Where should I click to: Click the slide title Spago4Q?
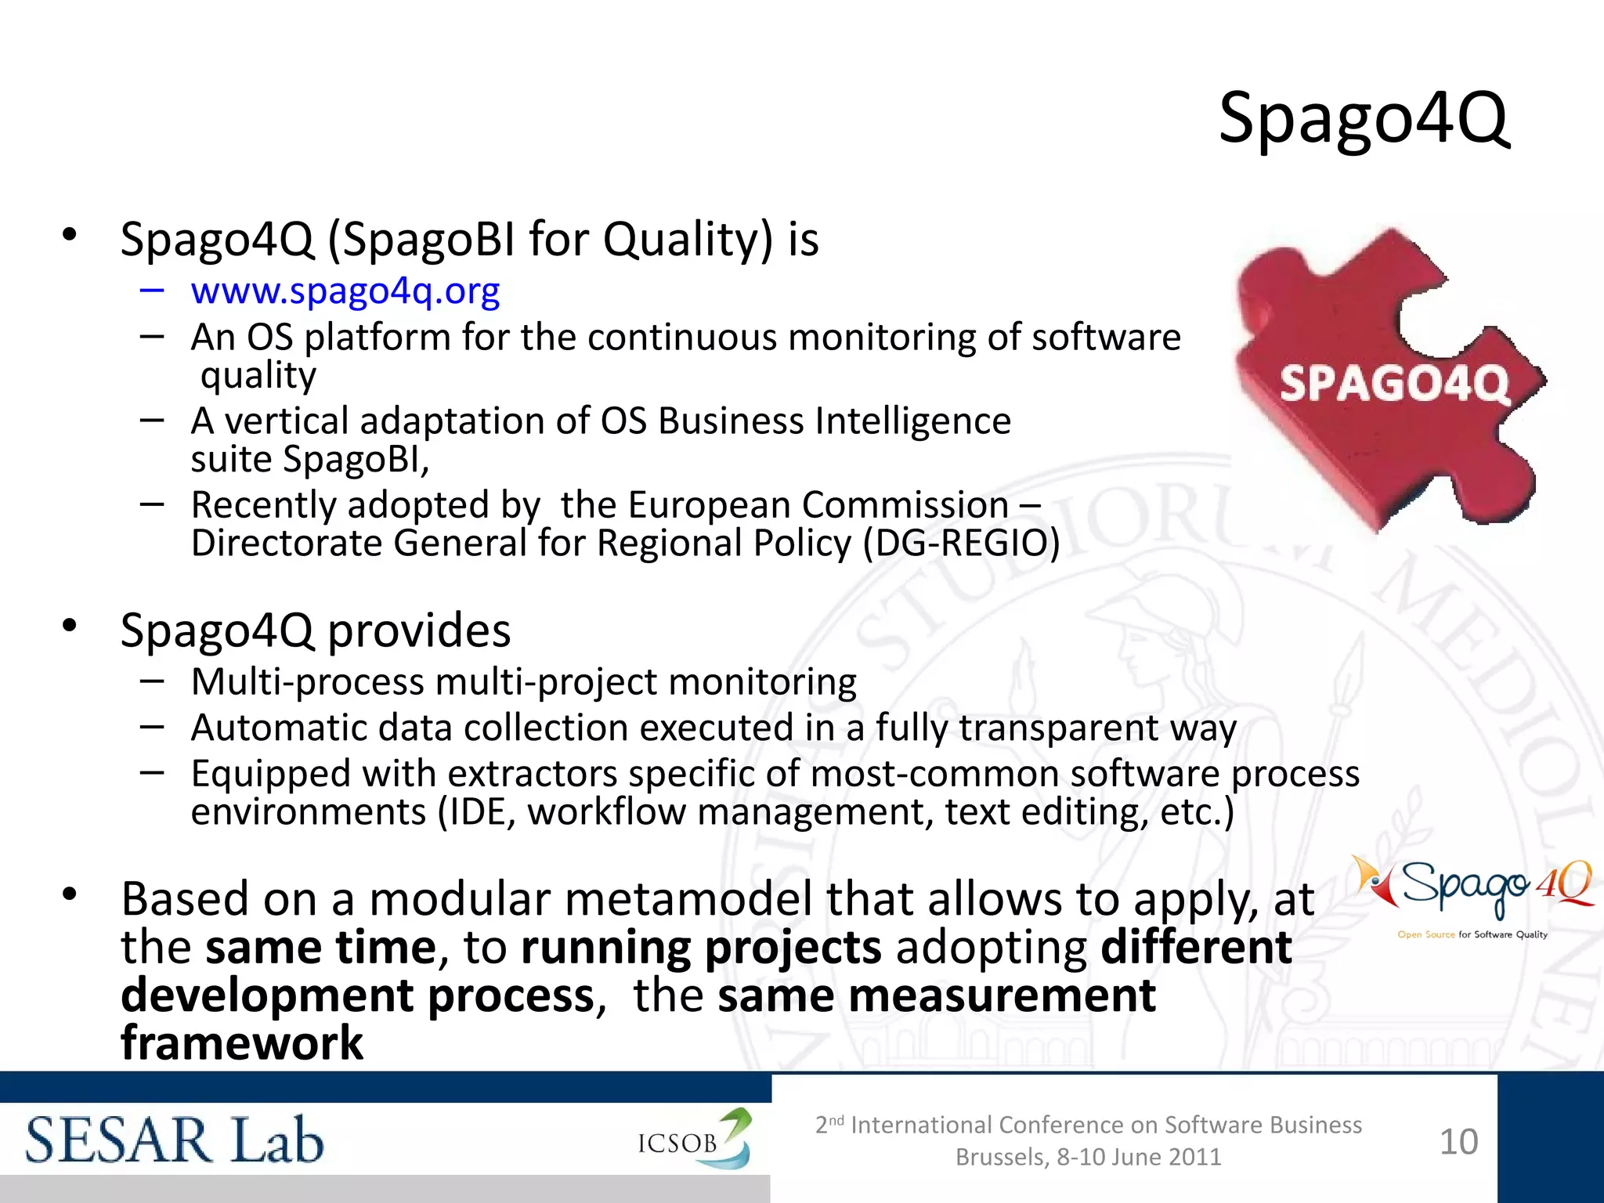pos(1363,119)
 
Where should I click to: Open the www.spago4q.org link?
pos(345,291)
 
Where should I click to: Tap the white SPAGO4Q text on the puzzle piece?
pos(1394,385)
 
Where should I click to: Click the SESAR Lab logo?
pos(174,1140)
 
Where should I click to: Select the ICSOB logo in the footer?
pos(693,1140)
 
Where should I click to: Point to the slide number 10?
pos(1458,1142)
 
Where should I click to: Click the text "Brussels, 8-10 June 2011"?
pos(1088,1157)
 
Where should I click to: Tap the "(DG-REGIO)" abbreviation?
pos(961,544)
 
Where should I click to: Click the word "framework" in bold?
pos(242,1044)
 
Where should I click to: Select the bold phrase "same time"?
pos(320,948)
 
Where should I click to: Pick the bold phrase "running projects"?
pos(701,948)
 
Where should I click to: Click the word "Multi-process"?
pos(308,682)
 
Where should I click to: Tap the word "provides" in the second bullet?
pos(419,631)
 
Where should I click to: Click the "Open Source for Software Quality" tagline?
pos(1472,934)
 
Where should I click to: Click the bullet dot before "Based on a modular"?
pos(70,894)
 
